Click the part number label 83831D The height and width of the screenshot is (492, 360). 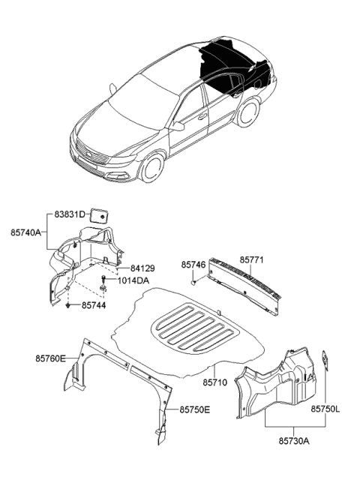(x=69, y=215)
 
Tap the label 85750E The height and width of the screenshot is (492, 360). (x=195, y=409)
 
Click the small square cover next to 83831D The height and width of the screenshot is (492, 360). (x=98, y=215)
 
